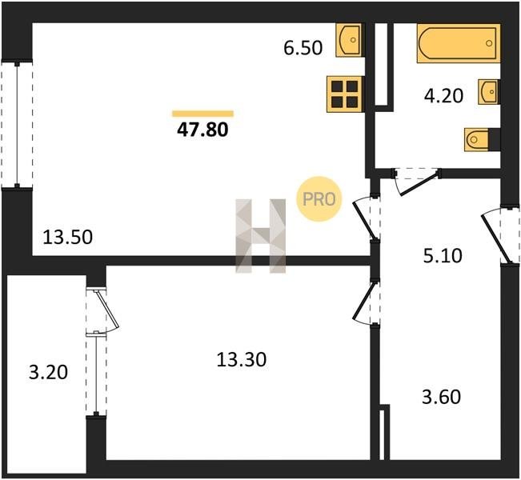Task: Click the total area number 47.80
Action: (x=202, y=130)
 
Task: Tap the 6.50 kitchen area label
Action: (x=303, y=48)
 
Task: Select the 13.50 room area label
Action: (x=68, y=238)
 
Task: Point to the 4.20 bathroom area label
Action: (x=443, y=96)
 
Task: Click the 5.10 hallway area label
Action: (x=443, y=256)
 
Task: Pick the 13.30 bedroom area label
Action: (x=242, y=360)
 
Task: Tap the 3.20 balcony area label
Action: (x=49, y=372)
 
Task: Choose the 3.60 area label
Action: (x=442, y=397)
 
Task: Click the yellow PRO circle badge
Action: (x=319, y=199)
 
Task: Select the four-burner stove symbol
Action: (x=344, y=94)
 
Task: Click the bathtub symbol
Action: (x=459, y=43)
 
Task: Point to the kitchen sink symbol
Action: (x=349, y=40)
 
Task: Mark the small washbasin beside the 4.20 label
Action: (x=489, y=92)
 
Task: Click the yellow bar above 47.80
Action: (x=202, y=114)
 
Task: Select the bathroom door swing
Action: (x=415, y=181)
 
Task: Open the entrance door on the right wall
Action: (x=499, y=235)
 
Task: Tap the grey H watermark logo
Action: (x=261, y=236)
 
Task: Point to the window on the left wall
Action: (x=17, y=125)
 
